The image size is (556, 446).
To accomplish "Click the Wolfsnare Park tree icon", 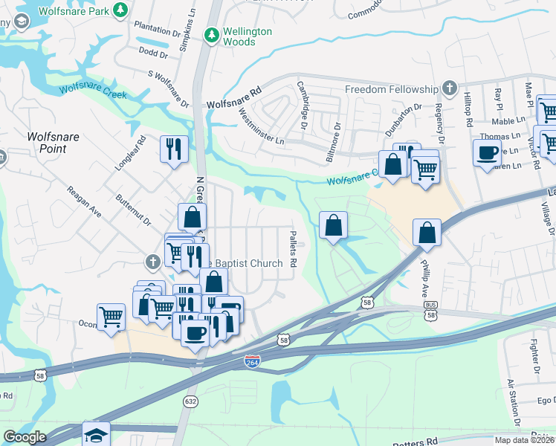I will [118, 11].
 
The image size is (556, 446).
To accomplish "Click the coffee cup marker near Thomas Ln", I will [487, 153].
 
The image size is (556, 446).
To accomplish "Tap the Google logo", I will [25, 437].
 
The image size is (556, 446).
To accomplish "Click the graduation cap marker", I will [96, 435].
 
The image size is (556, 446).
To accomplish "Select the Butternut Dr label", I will [133, 210].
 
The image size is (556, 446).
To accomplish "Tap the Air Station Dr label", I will [511, 401].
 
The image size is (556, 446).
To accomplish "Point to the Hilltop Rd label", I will [468, 109].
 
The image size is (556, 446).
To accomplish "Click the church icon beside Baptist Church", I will [152, 262].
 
